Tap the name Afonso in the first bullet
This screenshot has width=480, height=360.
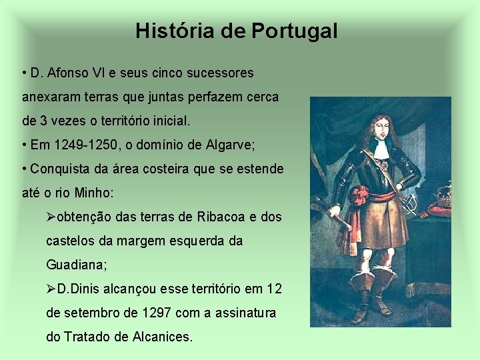point(68,72)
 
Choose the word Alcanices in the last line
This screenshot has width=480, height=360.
point(163,337)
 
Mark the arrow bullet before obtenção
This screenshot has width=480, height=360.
point(51,217)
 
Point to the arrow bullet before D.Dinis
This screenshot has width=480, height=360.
point(51,289)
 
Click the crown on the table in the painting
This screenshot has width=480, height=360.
point(441,195)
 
